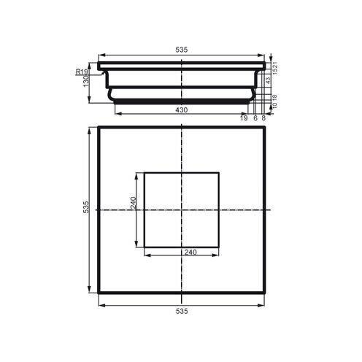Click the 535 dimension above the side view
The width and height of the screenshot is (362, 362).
pos(182,49)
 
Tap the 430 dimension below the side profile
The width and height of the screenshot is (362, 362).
pos(182,109)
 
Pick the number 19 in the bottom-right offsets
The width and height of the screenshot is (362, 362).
pos(244,118)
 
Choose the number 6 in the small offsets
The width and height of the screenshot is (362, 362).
pos(255,118)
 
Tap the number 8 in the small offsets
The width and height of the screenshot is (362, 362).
pos(263,118)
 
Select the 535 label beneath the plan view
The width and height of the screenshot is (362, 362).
pos(182,311)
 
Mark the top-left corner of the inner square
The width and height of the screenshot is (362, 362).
pos(145,173)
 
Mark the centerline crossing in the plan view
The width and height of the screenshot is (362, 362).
pos(182,210)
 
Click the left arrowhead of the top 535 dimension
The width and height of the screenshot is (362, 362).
pos(100,55)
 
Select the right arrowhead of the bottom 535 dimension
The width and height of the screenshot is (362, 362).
pos(263,304)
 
